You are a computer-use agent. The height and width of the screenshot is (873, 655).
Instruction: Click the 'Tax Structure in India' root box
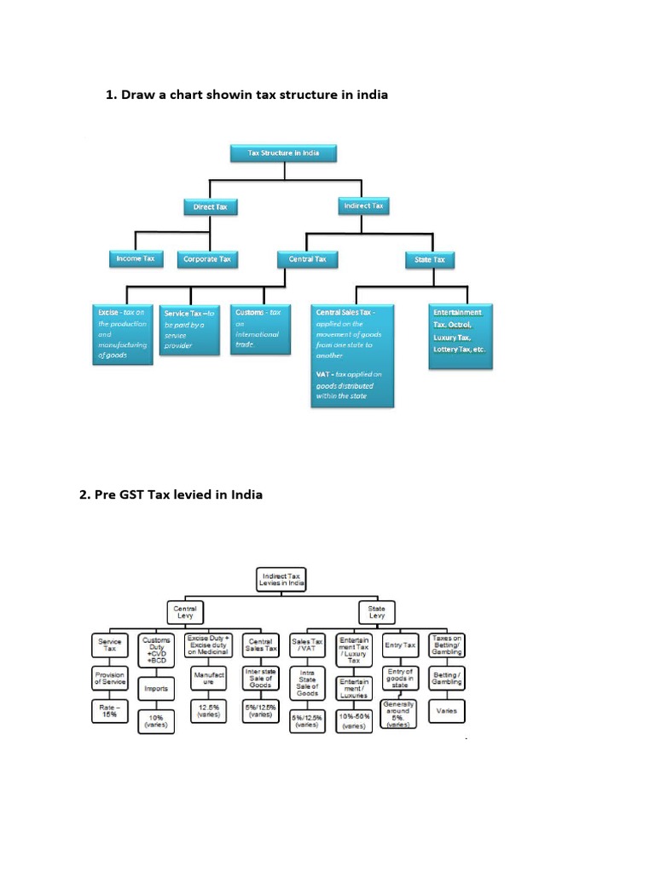[x=283, y=153]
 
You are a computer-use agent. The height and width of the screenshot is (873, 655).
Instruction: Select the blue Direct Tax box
[x=210, y=206]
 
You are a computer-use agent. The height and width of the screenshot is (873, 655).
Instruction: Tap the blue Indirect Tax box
[x=363, y=205]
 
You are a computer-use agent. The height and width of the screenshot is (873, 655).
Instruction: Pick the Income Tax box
[x=136, y=258]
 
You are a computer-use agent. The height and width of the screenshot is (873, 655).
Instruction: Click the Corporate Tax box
[x=207, y=259]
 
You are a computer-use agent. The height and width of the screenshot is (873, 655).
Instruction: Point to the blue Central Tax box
[x=307, y=259]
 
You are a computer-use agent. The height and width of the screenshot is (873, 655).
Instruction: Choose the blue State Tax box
[x=429, y=259]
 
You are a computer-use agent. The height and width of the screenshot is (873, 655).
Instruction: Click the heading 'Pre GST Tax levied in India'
[x=171, y=494]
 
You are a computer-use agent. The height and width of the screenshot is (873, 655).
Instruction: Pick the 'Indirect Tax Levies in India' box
[x=281, y=581]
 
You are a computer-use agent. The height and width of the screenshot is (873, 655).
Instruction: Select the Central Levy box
[x=185, y=612]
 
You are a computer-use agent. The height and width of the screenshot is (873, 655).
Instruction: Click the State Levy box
[x=376, y=612]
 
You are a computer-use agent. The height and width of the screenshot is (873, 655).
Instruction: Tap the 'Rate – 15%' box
[x=109, y=711]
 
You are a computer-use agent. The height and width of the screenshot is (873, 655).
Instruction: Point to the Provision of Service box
[x=109, y=678]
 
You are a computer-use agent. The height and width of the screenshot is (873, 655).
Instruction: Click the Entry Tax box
[x=400, y=646]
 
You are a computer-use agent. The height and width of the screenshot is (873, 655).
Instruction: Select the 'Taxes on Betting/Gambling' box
[x=446, y=645]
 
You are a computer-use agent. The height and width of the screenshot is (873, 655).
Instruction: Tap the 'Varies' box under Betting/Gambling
[x=446, y=710]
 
